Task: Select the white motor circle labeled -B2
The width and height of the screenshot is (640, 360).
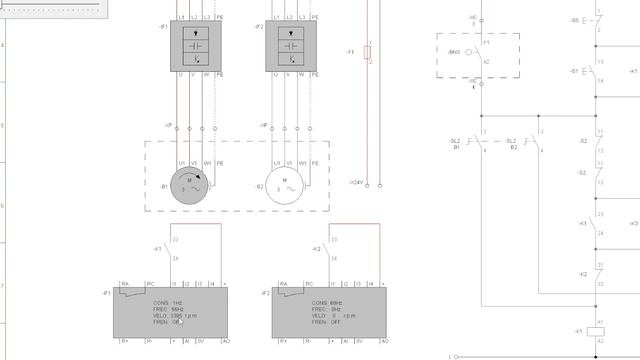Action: coord(286,186)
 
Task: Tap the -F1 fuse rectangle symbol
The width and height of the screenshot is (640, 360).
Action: coord(367,52)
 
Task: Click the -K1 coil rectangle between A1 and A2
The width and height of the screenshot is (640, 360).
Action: coord(600,332)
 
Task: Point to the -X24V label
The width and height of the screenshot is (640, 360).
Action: coord(356,182)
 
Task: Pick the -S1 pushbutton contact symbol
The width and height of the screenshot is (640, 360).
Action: coord(598,72)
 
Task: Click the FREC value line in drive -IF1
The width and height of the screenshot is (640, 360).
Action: coord(164,309)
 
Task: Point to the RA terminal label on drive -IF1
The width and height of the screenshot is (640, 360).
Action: coord(125,285)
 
